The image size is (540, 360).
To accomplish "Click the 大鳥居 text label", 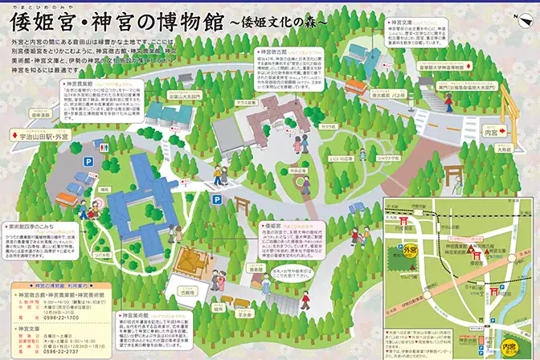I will tap(503, 149).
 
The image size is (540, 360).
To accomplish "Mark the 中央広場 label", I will tap(276, 170).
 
